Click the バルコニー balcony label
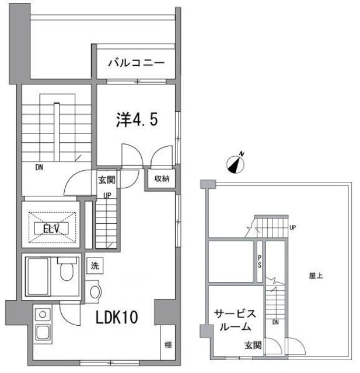(135, 63)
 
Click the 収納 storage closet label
(162, 178)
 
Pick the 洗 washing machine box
(95, 266)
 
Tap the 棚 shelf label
(167, 344)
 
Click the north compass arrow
(237, 163)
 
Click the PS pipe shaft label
(260, 263)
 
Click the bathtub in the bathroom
(40, 276)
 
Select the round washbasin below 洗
(95, 290)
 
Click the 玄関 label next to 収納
(106, 180)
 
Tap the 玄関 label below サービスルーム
(253, 345)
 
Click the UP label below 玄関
(107, 195)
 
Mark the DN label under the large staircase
(39, 168)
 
